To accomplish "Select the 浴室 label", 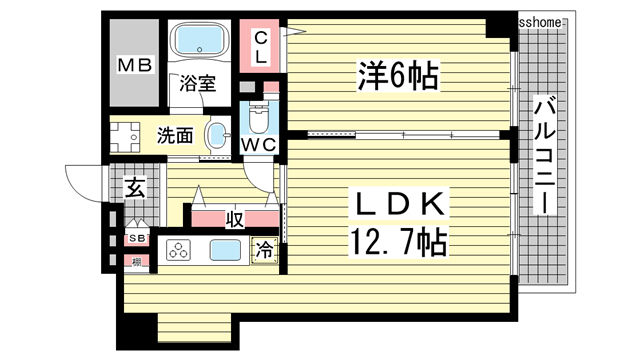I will (x=198, y=85).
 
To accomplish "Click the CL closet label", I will (x=260, y=46).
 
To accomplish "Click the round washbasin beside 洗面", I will (x=217, y=135).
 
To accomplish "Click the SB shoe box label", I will (x=136, y=239).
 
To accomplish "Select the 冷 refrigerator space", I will (x=264, y=251).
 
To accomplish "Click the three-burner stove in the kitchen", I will (x=178, y=251).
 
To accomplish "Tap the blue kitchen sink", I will (x=225, y=251).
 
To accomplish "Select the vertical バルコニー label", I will (x=544, y=155).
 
